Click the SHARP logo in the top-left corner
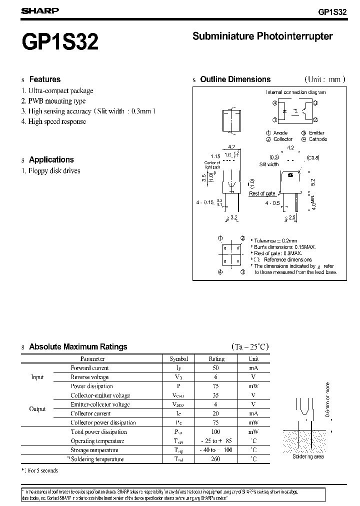[40, 10]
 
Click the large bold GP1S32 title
[60, 42]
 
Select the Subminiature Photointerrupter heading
[262, 36]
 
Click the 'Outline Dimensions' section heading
[235, 79]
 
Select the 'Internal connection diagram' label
[295, 92]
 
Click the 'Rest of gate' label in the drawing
[262, 193]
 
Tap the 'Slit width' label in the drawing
[268, 164]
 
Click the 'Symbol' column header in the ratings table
[178, 358]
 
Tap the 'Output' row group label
[37, 409]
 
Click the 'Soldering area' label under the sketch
[309, 456]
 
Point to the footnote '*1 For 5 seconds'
[40, 471]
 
